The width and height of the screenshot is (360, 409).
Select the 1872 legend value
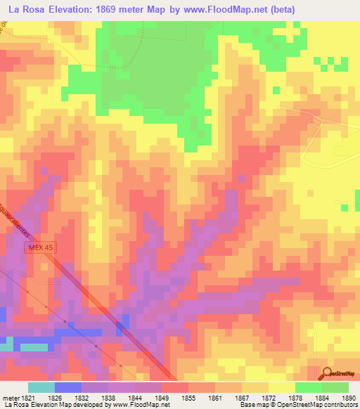click(268, 397)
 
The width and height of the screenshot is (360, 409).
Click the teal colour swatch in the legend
click(41, 387)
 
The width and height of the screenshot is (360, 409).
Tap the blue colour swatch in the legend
click(67, 387)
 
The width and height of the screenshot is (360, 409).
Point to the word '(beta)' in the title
click(298, 8)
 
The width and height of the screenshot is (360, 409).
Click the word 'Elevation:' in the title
click(82, 8)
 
